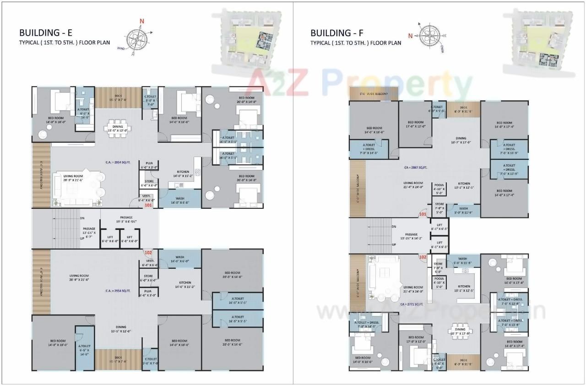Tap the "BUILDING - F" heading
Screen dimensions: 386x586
tap(337, 33)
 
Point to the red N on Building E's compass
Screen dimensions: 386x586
tap(142, 21)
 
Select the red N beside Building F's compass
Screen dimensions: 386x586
tap(411, 35)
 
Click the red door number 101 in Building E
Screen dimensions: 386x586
tap(148, 206)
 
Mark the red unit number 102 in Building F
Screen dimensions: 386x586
tap(422, 257)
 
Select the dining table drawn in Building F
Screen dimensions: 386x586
tap(460, 330)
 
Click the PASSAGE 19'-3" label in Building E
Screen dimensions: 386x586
tap(126, 218)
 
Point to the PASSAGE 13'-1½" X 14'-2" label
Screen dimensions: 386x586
tap(412, 236)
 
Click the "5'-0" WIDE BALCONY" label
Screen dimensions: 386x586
tap(374, 94)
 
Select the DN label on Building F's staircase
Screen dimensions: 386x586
tap(394, 227)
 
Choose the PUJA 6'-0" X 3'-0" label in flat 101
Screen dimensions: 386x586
tap(149, 165)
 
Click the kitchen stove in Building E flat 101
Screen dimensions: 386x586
tap(198, 172)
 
